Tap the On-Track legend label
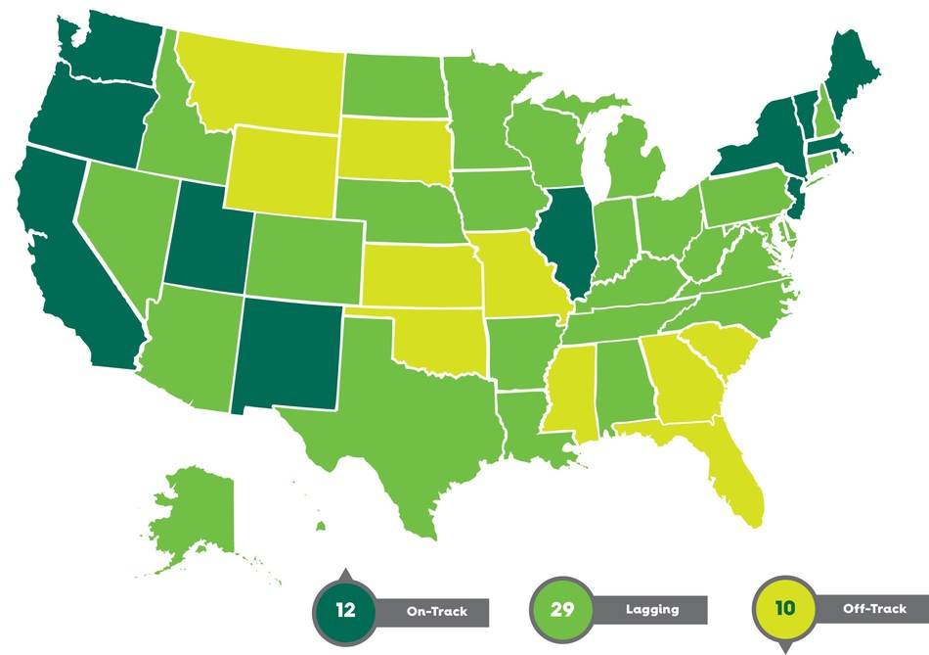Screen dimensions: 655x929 tap(437, 612)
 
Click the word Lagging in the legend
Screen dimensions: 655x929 tap(652, 610)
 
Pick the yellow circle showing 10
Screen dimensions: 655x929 tap(784, 608)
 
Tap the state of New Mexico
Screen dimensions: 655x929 tap(288, 352)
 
